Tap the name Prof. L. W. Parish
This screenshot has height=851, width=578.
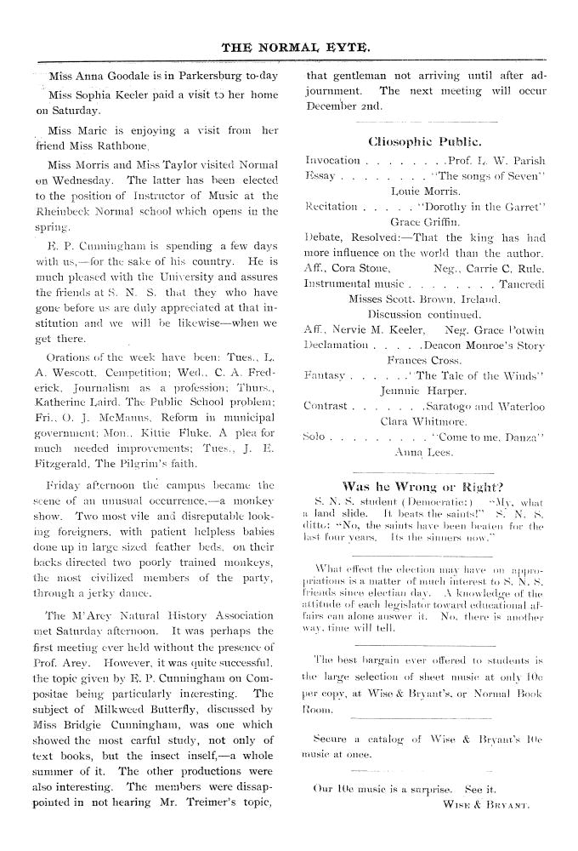(496, 159)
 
